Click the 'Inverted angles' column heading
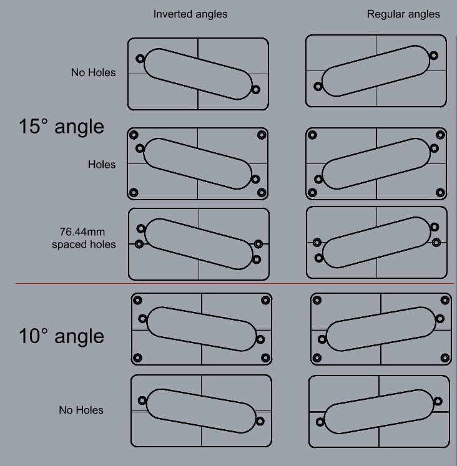(190, 14)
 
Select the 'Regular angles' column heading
(403, 14)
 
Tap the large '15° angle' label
(61, 126)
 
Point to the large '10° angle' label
(61, 336)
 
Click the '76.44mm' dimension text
(82, 231)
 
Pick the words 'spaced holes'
(84, 245)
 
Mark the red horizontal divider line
(235, 283)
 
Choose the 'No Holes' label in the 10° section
(81, 410)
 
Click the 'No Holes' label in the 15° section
(94, 72)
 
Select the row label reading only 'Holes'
(102, 165)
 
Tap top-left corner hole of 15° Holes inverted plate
(134, 135)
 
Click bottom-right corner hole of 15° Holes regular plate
(440, 193)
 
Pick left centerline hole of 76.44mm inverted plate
(139, 244)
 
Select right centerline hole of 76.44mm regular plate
(436, 243)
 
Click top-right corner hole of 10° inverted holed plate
(265, 300)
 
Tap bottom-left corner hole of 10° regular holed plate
(317, 357)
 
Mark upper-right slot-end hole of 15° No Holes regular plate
(434, 56)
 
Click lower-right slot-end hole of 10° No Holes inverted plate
(260, 421)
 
